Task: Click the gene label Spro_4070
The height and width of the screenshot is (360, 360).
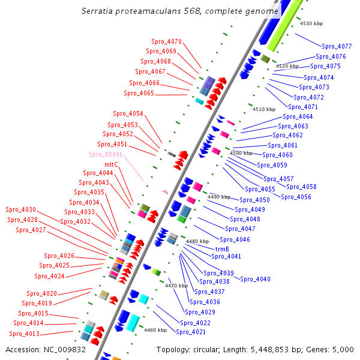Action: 166,41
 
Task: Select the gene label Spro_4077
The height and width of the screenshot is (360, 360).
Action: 337,46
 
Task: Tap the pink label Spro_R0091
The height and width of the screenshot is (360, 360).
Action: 106,154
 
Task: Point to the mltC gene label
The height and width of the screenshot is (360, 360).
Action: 111,164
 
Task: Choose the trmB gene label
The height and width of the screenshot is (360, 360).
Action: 222,248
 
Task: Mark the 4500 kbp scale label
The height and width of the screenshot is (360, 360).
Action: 241,153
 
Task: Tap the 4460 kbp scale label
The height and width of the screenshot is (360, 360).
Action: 155,330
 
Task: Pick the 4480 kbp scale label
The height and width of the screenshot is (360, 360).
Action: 197,241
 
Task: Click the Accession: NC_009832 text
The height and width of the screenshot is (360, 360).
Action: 46,349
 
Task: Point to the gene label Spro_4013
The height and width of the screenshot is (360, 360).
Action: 24,334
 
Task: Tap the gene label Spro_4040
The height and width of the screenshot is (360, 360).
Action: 255,279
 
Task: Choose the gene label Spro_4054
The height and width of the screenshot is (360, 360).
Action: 128,113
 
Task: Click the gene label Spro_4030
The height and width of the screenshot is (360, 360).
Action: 21,209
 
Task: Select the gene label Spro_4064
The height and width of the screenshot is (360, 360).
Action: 298,116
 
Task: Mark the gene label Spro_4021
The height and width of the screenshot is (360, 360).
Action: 191,332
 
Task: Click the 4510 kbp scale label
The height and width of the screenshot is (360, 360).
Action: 264,109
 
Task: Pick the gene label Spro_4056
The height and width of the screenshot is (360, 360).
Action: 296,197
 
